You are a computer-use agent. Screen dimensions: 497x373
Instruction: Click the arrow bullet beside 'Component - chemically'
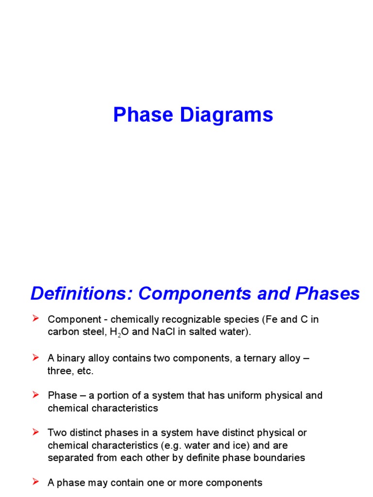[x=35, y=319]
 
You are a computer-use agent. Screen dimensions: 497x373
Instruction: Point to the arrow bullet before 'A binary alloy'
[x=35, y=358]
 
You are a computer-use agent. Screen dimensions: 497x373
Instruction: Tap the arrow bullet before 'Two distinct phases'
[x=35, y=431]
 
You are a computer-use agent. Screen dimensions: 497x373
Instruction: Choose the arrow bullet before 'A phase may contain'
[x=35, y=482]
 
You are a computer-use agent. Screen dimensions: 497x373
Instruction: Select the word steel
[x=97, y=332]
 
